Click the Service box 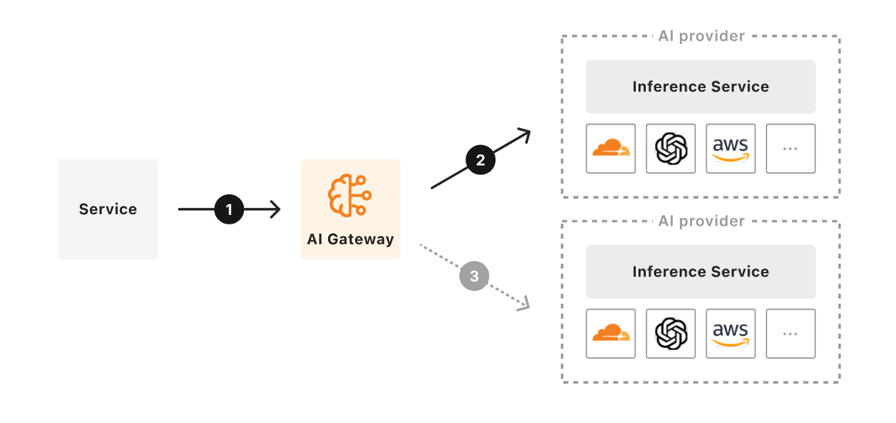108,209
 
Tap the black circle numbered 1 229,209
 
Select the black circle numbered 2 481,161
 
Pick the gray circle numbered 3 474,276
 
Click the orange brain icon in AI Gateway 350,195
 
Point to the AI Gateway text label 350,239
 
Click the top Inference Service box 700,87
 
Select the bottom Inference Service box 700,272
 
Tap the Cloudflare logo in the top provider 611,148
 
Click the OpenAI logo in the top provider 671,148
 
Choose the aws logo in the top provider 731,148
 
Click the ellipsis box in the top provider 790,148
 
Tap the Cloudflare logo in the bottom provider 611,334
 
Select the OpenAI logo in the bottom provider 671,334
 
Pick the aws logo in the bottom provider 731,334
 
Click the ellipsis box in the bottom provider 790,334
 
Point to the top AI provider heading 701,36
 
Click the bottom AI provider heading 701,221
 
